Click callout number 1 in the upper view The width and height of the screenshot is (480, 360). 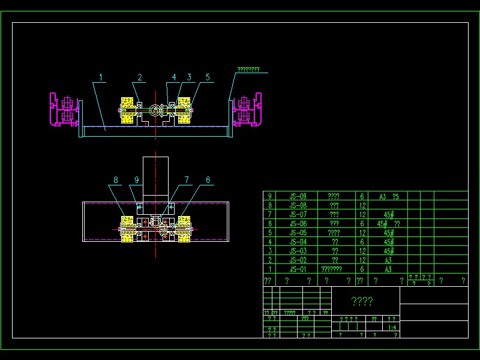pyautogui.click(x=101, y=77)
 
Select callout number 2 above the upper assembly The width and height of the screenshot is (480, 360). pyautogui.click(x=139, y=77)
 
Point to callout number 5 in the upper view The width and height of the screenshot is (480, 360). pyautogui.click(x=208, y=77)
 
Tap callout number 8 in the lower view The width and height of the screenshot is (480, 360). pyautogui.click(x=116, y=179)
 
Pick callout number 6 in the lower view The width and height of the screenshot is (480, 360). pyautogui.click(x=208, y=179)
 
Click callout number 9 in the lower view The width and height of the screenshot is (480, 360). pyautogui.click(x=136, y=179)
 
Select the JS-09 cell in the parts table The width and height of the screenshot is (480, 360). pyautogui.click(x=298, y=196)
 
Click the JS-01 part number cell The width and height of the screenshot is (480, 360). pyautogui.click(x=298, y=269)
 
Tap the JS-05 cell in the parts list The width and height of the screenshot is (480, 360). pyautogui.click(x=298, y=233)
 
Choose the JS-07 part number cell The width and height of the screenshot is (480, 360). pyautogui.click(x=298, y=214)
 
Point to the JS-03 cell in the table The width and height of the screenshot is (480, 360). pyautogui.click(x=298, y=251)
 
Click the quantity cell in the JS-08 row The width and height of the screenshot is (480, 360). pyautogui.click(x=362, y=205)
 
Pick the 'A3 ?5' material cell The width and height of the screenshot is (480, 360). pyautogui.click(x=388, y=196)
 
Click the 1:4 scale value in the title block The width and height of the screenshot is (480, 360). pyautogui.click(x=392, y=328)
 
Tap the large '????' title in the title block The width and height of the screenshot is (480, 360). pyautogui.click(x=362, y=301)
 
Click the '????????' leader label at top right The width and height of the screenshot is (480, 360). pyautogui.click(x=248, y=70)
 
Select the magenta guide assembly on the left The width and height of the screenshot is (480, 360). pyautogui.click(x=63, y=110)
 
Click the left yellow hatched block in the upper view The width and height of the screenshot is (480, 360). pyautogui.click(x=128, y=110)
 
